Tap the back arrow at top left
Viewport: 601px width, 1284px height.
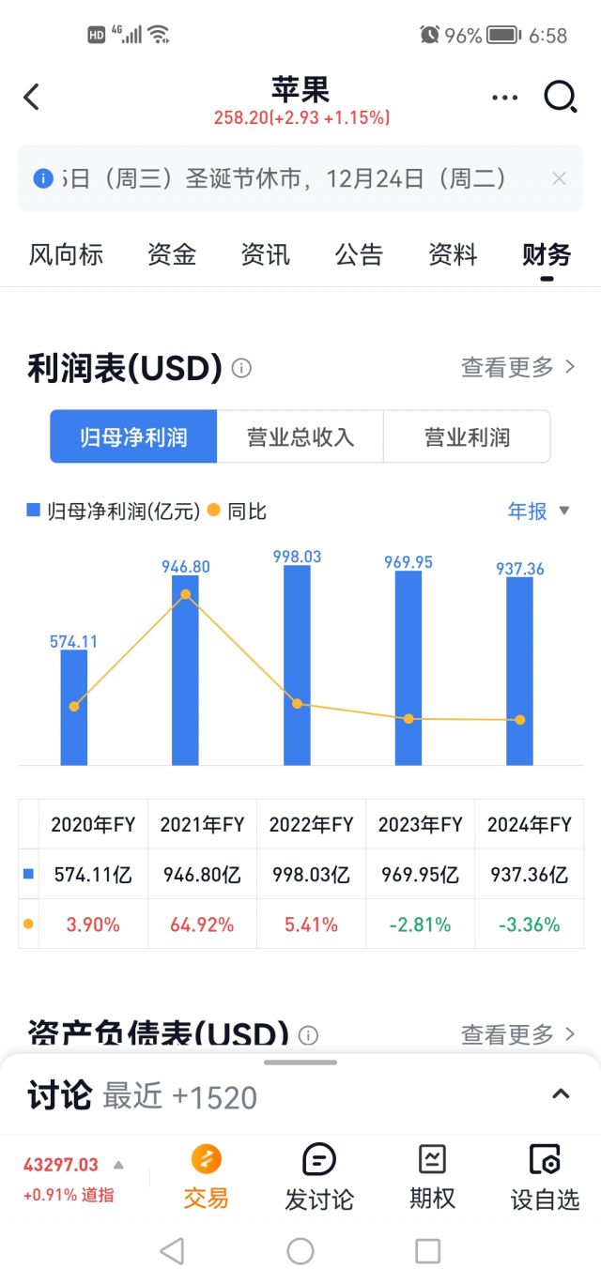click(32, 97)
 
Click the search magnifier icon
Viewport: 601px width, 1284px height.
click(560, 97)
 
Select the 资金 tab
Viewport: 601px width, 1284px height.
click(172, 254)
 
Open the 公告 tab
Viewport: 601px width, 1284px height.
click(359, 254)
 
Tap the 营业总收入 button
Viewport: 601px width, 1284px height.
click(300, 437)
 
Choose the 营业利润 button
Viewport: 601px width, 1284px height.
click(467, 437)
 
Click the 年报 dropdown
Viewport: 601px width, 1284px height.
click(538, 511)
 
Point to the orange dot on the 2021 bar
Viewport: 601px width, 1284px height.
click(185, 594)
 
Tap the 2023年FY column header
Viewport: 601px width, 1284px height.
click(420, 825)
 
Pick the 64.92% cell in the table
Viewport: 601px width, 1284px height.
click(202, 925)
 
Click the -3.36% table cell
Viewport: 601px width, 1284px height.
click(529, 925)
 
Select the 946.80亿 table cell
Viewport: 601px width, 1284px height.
click(202, 875)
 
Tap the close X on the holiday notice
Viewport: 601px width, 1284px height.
click(559, 178)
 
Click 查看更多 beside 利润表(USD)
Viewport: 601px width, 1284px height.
click(517, 368)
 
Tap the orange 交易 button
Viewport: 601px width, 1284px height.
click(207, 1177)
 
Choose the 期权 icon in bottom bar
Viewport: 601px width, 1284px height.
click(432, 1177)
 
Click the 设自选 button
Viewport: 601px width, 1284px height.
click(545, 1177)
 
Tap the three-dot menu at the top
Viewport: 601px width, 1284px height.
click(504, 97)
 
